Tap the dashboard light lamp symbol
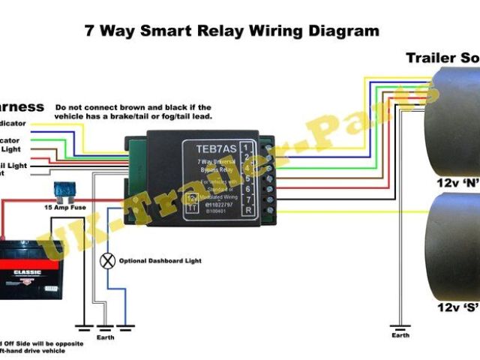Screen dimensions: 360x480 pos(107,261)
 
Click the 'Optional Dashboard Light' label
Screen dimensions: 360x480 pos(160,261)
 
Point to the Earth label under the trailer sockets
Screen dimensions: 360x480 pos(400,335)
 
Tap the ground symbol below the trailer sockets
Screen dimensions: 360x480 pos(400,326)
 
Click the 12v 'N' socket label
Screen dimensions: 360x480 pos(458,182)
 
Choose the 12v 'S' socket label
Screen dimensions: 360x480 pos(458,307)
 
